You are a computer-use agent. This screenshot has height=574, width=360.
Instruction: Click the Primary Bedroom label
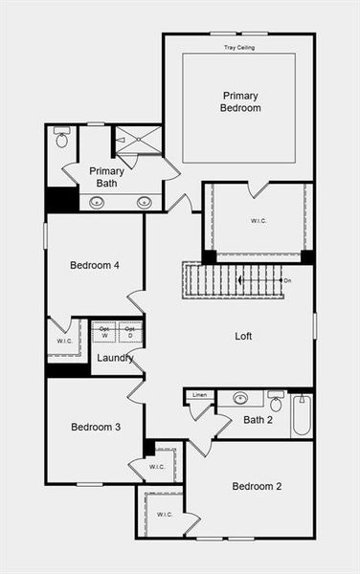241,101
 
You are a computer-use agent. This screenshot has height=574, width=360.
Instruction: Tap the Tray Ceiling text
239,47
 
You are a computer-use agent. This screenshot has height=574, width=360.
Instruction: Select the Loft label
244,336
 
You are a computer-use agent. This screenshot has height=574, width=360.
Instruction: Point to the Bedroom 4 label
95,266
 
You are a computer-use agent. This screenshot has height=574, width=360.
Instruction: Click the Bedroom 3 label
96,427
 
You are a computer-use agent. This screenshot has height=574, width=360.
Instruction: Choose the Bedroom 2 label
257,486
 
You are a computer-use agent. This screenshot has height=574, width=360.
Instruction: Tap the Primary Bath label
106,177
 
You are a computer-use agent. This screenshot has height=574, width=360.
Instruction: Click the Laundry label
115,358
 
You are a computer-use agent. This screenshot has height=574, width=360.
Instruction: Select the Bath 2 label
259,419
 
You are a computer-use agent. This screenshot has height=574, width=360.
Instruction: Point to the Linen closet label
199,395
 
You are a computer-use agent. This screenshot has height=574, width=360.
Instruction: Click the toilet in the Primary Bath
62,139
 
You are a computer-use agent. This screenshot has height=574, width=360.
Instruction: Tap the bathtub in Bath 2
302,415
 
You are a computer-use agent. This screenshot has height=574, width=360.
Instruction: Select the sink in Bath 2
240,398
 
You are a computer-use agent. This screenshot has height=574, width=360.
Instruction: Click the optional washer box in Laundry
104,332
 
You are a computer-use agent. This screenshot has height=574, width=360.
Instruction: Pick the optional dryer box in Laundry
131,332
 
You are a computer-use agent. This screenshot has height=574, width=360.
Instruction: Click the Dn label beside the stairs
287,280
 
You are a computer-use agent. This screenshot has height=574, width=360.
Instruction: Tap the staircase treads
230,280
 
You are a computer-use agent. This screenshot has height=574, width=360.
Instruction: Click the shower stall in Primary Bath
139,140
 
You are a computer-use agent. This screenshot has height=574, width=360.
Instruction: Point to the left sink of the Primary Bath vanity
97,202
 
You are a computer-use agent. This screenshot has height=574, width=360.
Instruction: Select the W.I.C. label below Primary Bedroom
259,220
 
